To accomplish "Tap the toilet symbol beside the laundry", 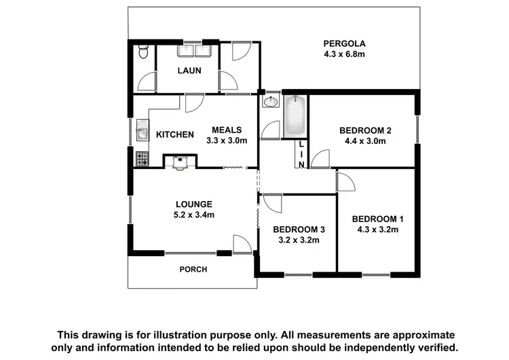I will coord(141,53).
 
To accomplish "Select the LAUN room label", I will coord(189,70).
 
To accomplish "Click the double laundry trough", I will coord(196,50).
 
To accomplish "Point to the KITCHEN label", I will coord(175,134).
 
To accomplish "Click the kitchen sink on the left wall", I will coord(141,131).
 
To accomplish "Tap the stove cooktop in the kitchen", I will coord(142,160).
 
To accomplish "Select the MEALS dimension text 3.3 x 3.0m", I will coord(227,141).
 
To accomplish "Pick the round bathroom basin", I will coord(271,103).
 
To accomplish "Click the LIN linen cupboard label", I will coord(300,154).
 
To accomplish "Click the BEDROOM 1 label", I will coord(377,219).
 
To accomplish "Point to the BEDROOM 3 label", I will coord(299,229).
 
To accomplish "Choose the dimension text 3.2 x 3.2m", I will coord(299,240).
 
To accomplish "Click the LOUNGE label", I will coord(194,204).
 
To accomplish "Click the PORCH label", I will coord(193,270).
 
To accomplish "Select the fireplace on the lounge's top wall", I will coord(181,162).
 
